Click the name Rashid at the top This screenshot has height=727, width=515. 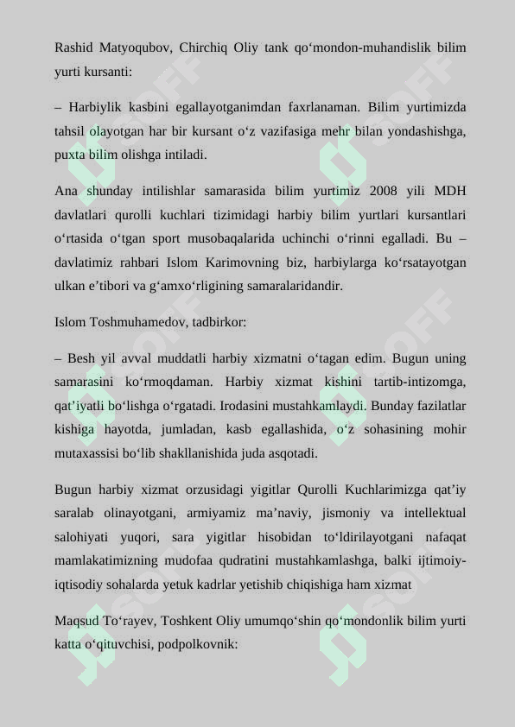coord(73,47)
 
